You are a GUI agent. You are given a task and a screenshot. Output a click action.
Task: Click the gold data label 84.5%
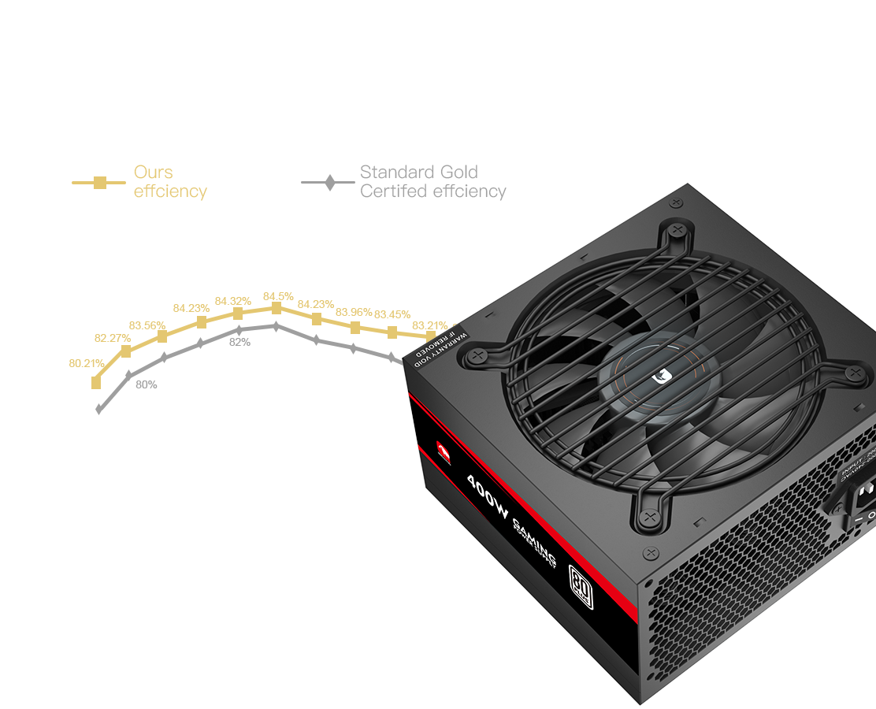point(277,296)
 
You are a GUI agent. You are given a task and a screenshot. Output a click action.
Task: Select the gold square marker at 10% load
point(96,383)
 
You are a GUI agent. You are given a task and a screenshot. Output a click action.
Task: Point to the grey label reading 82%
point(239,342)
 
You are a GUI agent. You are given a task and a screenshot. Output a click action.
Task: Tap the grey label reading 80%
point(146,384)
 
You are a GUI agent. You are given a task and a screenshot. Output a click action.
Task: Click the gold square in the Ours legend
point(99,182)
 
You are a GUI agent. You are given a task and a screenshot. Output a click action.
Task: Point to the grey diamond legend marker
point(328,182)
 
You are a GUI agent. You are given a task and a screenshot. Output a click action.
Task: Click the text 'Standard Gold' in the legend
point(418,172)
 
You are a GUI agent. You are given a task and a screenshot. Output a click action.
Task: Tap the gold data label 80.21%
point(87,363)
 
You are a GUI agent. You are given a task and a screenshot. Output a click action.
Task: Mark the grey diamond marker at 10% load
point(99,409)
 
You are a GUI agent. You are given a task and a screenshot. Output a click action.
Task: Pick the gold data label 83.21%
point(429,325)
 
